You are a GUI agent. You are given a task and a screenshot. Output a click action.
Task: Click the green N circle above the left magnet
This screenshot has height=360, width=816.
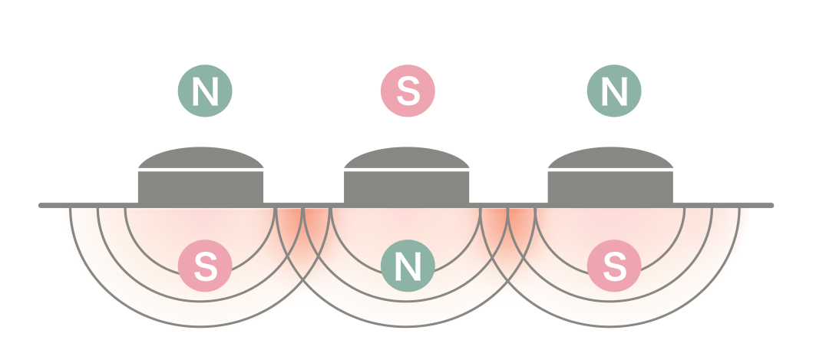pyautogui.click(x=205, y=91)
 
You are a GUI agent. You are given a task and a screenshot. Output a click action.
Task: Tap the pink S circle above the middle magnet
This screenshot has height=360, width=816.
pyautogui.click(x=408, y=91)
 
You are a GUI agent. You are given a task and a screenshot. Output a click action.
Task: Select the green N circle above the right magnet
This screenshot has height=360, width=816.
pyautogui.click(x=613, y=91)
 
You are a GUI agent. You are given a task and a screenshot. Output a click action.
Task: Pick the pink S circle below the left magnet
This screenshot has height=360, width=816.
pyautogui.click(x=205, y=266)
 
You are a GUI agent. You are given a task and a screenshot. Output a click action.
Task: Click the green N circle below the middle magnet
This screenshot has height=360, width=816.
pyautogui.click(x=408, y=266)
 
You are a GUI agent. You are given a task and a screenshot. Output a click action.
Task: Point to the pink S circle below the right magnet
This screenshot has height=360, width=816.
pyautogui.click(x=613, y=266)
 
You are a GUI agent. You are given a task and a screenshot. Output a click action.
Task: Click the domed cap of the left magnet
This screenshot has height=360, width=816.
pyautogui.click(x=201, y=157)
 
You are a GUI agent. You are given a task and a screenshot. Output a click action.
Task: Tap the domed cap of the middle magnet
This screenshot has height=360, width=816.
pyautogui.click(x=406, y=157)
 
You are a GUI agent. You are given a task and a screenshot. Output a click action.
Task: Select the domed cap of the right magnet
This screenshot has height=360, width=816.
pyautogui.click(x=611, y=157)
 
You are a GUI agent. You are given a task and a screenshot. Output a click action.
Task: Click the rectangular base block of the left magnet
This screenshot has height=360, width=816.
pyautogui.click(x=201, y=187)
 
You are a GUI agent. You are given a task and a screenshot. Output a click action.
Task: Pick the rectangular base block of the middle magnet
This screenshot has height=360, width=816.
pyautogui.click(x=406, y=187)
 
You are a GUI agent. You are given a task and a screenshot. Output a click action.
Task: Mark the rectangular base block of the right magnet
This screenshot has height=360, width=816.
pyautogui.click(x=611, y=187)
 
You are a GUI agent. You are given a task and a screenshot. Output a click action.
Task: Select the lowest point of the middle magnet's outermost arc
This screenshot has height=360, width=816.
pyautogui.click(x=406, y=327)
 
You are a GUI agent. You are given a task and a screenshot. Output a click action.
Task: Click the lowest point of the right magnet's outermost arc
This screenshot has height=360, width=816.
pyautogui.click(x=611, y=327)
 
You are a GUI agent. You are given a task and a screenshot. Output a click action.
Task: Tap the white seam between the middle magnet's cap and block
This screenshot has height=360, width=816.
pyautogui.click(x=406, y=170)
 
